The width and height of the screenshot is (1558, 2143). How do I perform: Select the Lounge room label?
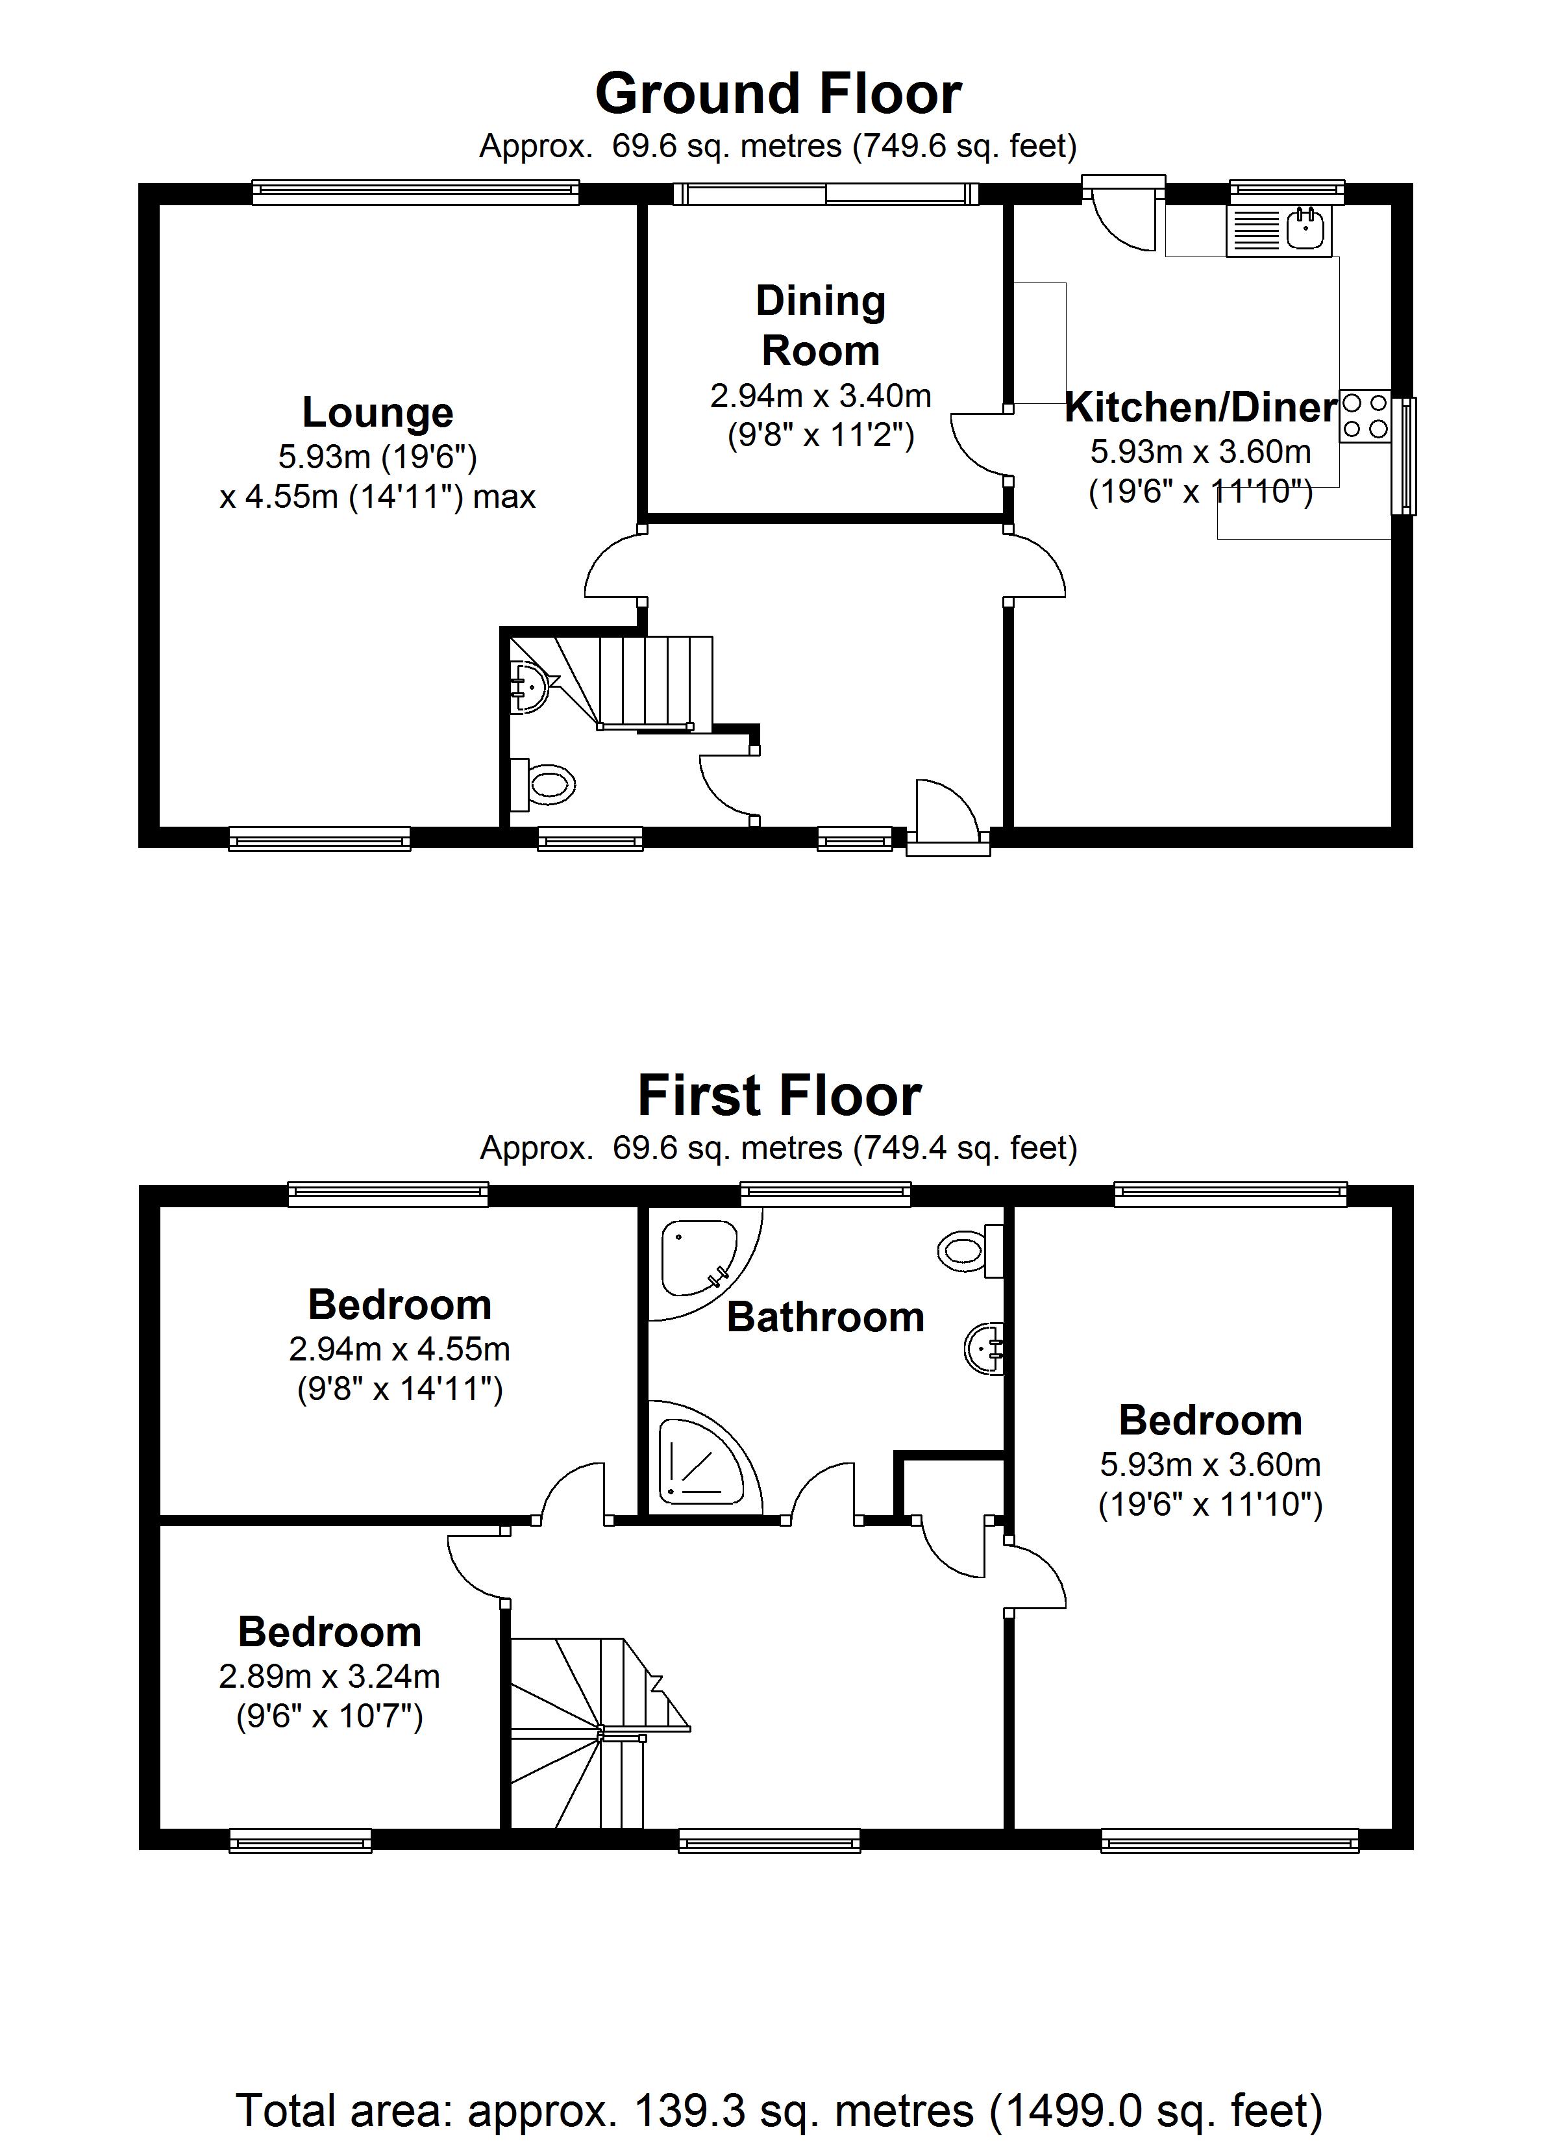[x=378, y=413]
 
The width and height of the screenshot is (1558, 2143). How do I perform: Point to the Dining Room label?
[x=820, y=325]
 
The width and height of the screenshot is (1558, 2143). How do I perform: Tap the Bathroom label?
[x=825, y=1317]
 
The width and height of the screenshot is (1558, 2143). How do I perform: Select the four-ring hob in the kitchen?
[x=1365, y=417]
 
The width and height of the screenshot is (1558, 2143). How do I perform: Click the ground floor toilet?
[x=545, y=784]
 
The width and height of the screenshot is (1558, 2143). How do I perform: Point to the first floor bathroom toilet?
[x=969, y=1251]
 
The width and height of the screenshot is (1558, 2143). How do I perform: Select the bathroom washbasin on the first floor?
[x=985, y=1348]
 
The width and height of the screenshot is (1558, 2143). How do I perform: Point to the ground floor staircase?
[x=652, y=683]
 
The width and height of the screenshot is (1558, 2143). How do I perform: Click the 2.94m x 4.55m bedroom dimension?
[x=400, y=1349]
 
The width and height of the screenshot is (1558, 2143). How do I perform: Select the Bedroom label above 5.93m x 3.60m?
[x=1210, y=1420]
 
